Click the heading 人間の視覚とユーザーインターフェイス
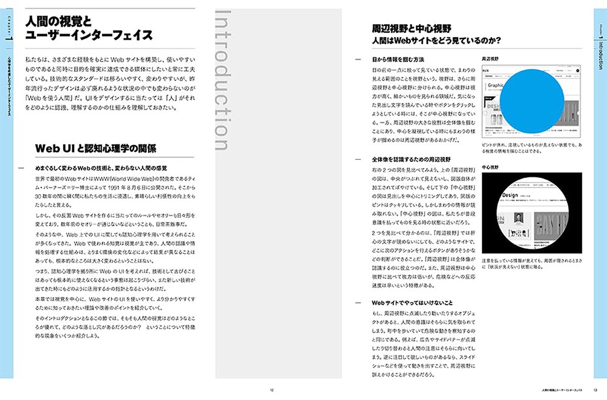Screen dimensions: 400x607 tap(89, 28)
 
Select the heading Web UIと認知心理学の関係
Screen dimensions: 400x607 tap(95, 148)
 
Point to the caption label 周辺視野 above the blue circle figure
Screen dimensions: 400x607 tap(491, 59)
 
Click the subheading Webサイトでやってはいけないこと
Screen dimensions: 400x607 tap(412, 302)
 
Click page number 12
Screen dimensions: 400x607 tap(272, 390)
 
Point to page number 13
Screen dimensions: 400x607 tap(596, 390)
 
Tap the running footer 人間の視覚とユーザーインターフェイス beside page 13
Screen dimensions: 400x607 tap(561, 390)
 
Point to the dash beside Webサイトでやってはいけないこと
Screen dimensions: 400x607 tap(359, 302)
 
